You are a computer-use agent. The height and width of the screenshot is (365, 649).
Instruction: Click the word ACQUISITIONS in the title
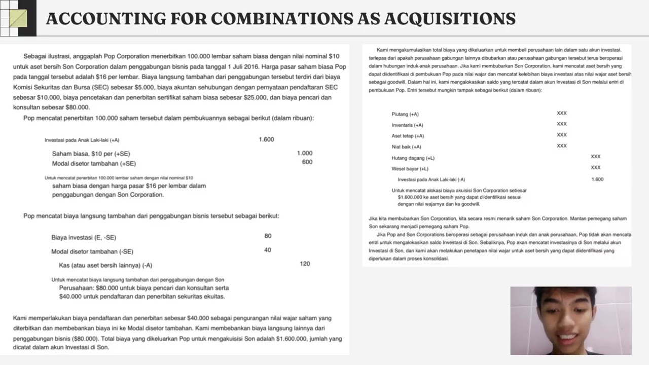(x=450, y=19)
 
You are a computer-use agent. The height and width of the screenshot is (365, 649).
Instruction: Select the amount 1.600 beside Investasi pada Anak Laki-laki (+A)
(x=266, y=139)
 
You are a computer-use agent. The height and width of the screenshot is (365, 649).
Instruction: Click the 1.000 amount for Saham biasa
(x=305, y=153)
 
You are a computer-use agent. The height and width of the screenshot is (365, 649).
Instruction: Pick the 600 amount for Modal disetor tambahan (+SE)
(x=307, y=162)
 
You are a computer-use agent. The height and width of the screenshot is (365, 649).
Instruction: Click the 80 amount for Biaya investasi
(x=268, y=236)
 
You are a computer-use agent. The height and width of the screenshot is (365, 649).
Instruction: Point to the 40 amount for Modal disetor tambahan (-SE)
(x=268, y=250)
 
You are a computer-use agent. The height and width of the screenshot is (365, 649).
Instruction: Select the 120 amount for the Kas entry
(x=305, y=264)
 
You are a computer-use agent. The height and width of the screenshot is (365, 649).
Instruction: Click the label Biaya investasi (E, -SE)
(x=84, y=237)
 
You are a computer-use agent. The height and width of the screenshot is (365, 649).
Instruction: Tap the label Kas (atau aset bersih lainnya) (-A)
(x=105, y=265)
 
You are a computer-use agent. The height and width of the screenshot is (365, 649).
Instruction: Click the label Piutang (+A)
(x=405, y=114)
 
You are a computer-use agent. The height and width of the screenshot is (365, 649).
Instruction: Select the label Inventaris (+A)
(x=407, y=125)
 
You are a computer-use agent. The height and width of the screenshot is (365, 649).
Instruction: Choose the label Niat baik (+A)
(x=406, y=147)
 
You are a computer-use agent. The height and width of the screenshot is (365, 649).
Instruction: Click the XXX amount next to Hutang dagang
(x=596, y=157)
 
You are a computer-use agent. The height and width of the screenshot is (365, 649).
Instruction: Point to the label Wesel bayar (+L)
(x=410, y=169)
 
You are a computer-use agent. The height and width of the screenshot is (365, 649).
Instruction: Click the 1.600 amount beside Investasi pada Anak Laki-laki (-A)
(x=597, y=179)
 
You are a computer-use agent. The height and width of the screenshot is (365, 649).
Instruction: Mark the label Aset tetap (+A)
(x=408, y=136)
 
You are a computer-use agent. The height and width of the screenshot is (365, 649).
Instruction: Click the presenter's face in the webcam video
(x=566, y=319)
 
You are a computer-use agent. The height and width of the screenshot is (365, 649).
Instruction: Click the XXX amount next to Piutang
(x=562, y=113)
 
